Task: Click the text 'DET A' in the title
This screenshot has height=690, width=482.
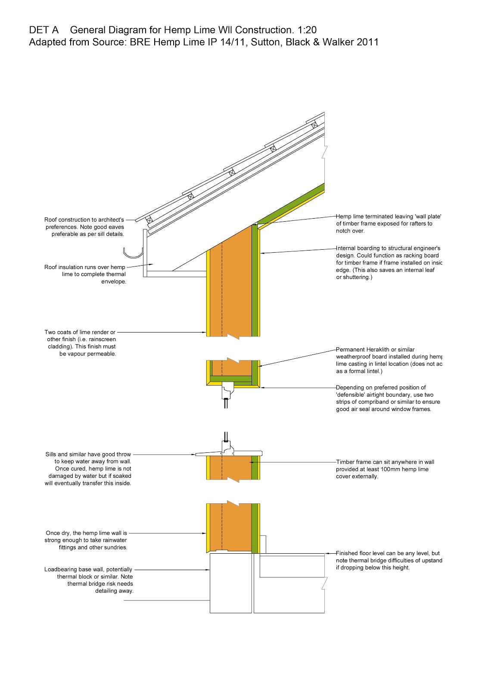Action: pyautogui.click(x=44, y=30)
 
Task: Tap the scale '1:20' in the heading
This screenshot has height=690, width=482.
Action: pyautogui.click(x=307, y=30)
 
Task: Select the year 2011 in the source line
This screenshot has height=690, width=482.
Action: pyautogui.click(x=368, y=42)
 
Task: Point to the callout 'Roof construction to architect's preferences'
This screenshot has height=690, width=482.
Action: pyautogui.click(x=84, y=227)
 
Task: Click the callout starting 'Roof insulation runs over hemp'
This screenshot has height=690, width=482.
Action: pyautogui.click(x=85, y=274)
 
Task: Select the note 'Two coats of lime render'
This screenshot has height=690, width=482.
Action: pyautogui.click(x=81, y=343)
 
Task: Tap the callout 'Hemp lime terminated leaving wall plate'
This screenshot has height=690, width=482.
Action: pyautogui.click(x=389, y=223)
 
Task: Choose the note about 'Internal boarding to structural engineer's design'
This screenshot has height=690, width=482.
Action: pyautogui.click(x=389, y=263)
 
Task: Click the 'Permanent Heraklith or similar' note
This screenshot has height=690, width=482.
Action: pyautogui.click(x=389, y=360)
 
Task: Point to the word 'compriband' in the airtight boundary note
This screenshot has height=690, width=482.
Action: pyautogui.click(x=374, y=402)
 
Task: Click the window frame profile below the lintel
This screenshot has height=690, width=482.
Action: pyautogui.click(x=227, y=391)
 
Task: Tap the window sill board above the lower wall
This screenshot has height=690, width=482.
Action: pyautogui.click(x=228, y=453)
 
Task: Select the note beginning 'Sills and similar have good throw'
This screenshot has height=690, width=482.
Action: pyautogui.click(x=88, y=469)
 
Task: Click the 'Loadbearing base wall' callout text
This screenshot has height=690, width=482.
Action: pyautogui.click(x=89, y=580)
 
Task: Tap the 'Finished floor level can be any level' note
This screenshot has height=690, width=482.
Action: pyautogui.click(x=389, y=560)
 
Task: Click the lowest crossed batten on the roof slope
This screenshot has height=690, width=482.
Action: pyautogui.click(x=149, y=220)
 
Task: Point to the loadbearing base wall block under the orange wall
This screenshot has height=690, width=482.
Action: pyautogui.click(x=230, y=583)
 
